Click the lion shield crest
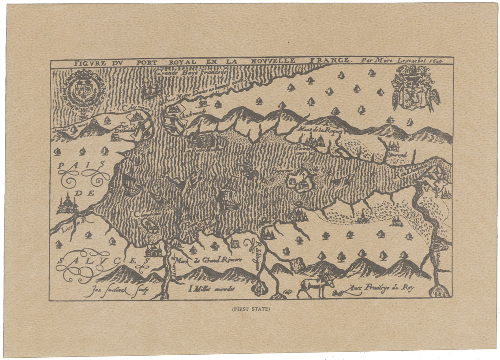[413, 88]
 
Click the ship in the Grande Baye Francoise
[150, 90]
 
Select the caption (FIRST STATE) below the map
[251, 309]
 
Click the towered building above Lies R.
[67, 204]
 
